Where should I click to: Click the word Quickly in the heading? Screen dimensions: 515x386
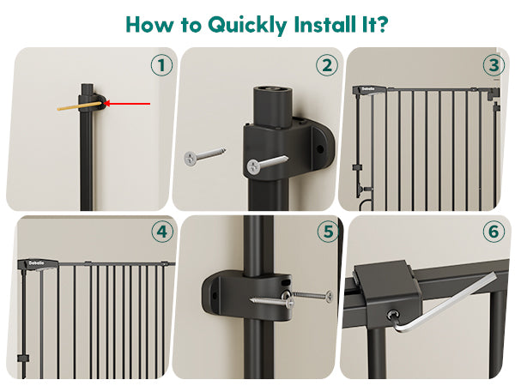[x=248, y=25]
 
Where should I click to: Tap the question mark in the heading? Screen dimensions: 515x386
[x=380, y=24]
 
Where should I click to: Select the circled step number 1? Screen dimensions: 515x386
[x=161, y=65]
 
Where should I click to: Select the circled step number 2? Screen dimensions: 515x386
[x=327, y=65]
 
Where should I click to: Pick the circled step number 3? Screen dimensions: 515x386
[x=494, y=65]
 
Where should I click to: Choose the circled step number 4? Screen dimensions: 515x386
[x=162, y=232]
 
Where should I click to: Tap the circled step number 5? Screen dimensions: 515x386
[x=329, y=232]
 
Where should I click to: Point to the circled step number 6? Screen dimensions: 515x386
[x=494, y=232]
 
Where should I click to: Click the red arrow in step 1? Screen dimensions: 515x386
[x=127, y=104]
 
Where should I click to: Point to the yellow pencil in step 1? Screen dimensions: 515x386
[x=80, y=106]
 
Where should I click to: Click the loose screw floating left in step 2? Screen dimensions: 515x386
[x=204, y=155]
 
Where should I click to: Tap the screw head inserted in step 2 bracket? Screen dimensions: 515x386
[x=253, y=166]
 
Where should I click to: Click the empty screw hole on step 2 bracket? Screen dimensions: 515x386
[x=320, y=149]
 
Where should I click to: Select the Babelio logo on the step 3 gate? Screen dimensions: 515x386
[x=367, y=89]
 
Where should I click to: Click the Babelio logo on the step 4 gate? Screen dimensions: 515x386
[x=36, y=263]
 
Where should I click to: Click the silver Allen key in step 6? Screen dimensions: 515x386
[x=442, y=304]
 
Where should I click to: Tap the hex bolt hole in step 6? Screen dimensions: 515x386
[x=393, y=316]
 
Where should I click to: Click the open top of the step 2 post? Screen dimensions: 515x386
[x=272, y=89]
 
